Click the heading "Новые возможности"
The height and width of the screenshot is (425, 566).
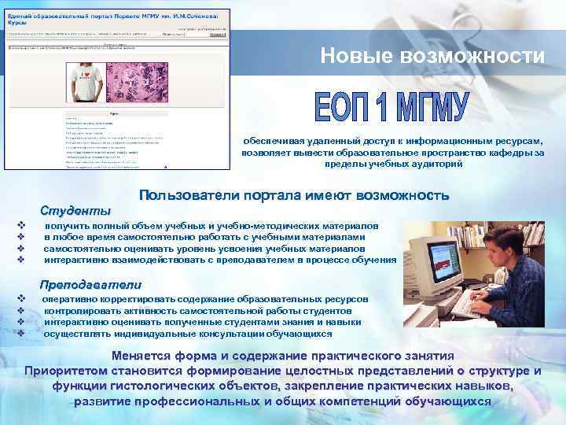pyautogui.click(x=432, y=57)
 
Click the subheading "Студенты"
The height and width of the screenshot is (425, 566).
pyautogui.click(x=75, y=210)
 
